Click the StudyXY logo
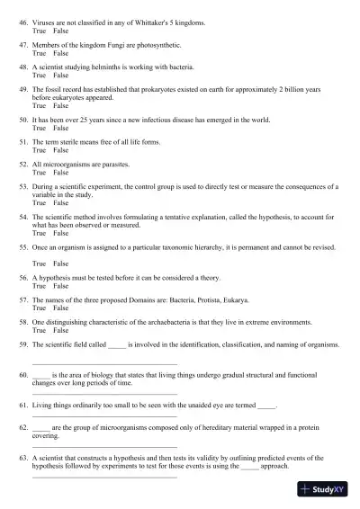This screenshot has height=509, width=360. tap(327, 490)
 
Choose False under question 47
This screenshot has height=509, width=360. tap(60, 53)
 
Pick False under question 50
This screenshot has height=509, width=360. tap(60, 127)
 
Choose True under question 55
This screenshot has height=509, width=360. tap(39, 263)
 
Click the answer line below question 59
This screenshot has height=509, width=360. tap(104, 363)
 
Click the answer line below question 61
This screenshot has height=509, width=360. tap(104, 418)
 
